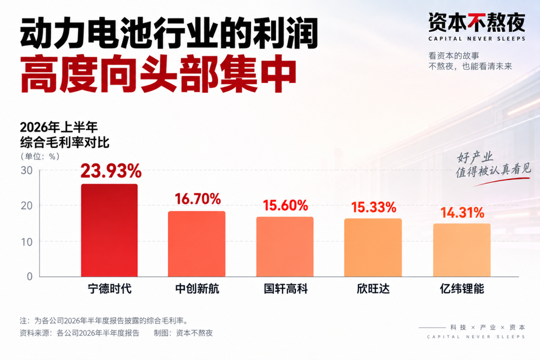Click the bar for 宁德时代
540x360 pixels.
109,230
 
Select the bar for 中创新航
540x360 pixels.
197,243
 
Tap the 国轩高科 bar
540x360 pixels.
285,247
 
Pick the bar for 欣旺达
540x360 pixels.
373,247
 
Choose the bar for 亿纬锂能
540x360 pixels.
462,250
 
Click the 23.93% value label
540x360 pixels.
111,171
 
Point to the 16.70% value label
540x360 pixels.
198,199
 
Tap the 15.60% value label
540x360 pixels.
286,206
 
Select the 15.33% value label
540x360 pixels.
374,207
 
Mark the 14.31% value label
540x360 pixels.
463,213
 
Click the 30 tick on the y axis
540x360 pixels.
26,171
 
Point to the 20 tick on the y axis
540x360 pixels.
26,206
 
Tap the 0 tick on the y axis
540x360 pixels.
30,276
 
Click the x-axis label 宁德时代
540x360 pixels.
110,288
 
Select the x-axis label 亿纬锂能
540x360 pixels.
462,288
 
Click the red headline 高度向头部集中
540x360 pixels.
158,74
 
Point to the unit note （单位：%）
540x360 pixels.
40,157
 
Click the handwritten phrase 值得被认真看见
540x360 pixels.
493,171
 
